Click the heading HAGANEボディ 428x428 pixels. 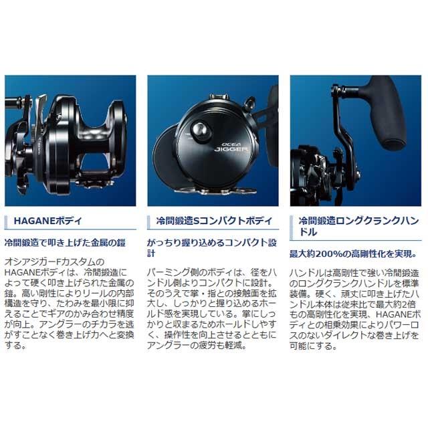tap(54, 219)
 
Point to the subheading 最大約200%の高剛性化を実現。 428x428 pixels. tap(348, 255)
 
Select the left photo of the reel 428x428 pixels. tap(70, 140)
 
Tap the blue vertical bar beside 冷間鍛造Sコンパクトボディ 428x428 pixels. tap(152, 219)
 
